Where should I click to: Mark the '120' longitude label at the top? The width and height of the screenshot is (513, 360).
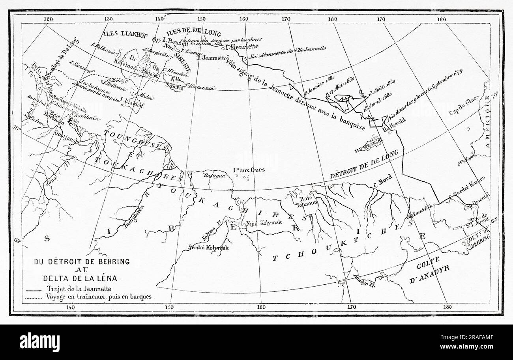coord(48,19)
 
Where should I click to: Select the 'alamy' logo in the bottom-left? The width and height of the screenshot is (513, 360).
coord(39,341)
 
